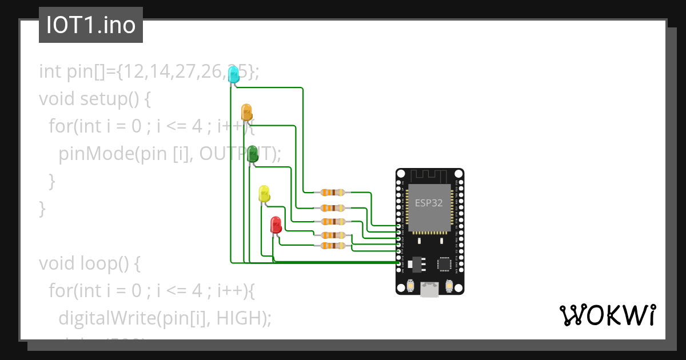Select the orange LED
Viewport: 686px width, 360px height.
pos(246,111)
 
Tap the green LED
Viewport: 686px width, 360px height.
pos(252,153)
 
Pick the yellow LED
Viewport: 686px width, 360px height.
pos(264,193)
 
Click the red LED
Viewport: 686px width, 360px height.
pos(276,224)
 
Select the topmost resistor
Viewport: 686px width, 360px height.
pos(332,193)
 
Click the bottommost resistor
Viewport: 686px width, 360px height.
pos(332,246)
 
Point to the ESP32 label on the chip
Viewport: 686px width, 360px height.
pos(429,203)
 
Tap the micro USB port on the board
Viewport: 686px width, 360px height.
pos(429,290)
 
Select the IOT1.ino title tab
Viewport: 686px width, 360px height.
pos(91,26)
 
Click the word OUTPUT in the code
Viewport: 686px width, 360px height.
pos(236,154)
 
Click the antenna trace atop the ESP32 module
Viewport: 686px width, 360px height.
pos(429,175)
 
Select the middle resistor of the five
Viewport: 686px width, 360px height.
pos(332,221)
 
